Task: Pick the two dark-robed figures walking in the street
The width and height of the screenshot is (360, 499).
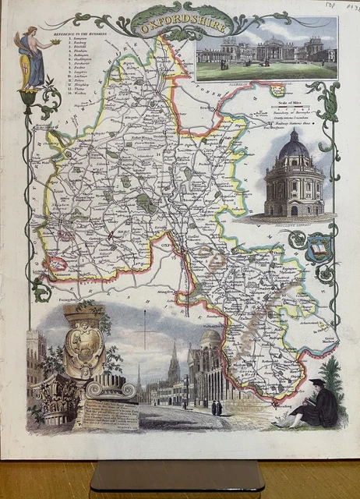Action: pyautogui.click(x=215, y=407)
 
